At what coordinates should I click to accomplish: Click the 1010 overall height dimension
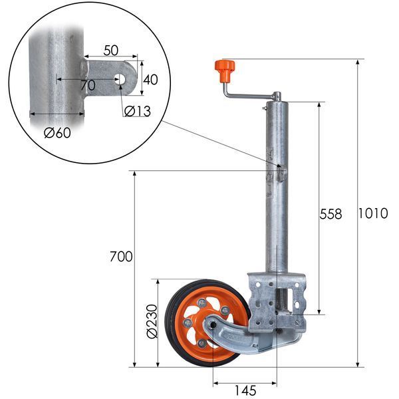[x=373, y=213]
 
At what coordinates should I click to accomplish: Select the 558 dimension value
[x=331, y=214]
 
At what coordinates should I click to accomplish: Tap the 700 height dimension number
[x=121, y=257]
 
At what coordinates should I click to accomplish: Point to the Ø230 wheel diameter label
[x=152, y=321]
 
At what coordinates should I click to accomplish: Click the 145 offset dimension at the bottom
[x=245, y=390]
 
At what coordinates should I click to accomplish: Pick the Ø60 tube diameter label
[x=57, y=132]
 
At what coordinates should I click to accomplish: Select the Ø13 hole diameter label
[x=138, y=111]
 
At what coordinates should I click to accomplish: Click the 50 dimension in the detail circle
[x=111, y=50]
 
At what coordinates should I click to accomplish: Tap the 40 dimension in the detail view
[x=150, y=80]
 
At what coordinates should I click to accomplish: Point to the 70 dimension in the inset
[x=88, y=86]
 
